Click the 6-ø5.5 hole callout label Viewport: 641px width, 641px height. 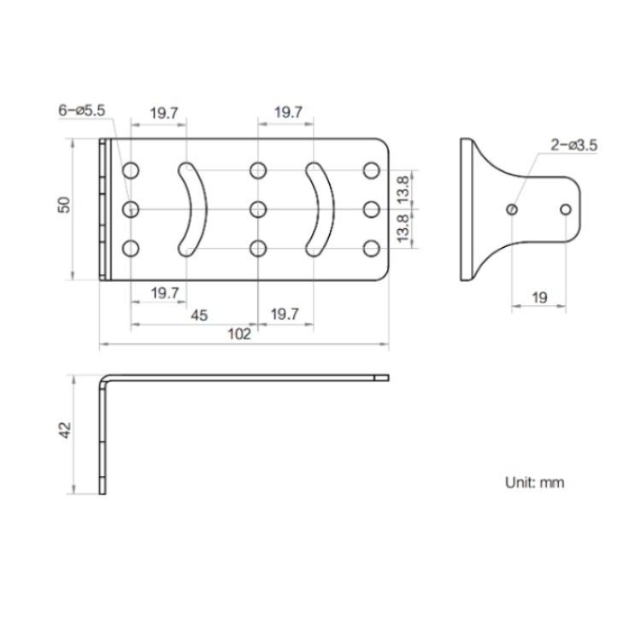click(81, 111)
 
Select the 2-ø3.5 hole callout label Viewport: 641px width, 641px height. click(573, 145)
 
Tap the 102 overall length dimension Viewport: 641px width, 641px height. click(240, 334)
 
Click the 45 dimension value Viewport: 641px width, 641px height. click(198, 315)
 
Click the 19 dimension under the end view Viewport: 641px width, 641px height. click(539, 297)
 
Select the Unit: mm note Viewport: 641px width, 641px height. click(535, 483)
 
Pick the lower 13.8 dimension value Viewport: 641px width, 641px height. click(404, 228)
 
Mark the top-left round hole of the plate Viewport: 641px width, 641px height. click(130, 170)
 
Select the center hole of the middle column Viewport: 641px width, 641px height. click(257, 209)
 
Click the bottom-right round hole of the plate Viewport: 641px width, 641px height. click(371, 248)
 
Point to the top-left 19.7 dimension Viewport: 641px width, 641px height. click(163, 112)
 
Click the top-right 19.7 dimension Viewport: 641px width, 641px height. click(287, 112)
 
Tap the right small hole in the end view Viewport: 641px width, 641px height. click(565, 209)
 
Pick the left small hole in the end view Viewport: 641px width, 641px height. click(511, 209)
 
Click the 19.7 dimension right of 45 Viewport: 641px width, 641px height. click(285, 315)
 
